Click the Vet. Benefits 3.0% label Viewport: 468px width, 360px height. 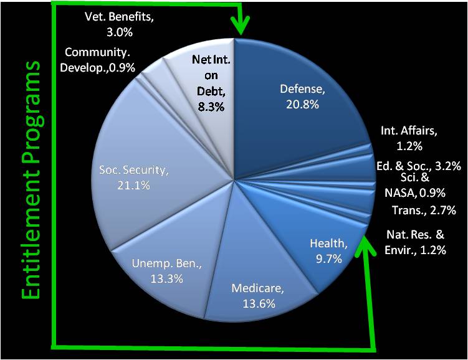(120, 24)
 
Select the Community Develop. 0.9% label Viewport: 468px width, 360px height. (98, 60)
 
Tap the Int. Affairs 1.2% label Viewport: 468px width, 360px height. (409, 138)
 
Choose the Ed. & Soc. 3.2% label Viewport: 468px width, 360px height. (418, 166)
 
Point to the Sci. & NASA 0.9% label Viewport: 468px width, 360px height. (415, 185)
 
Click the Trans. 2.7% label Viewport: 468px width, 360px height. (424, 210)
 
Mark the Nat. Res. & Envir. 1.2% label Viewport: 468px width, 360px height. (415, 242)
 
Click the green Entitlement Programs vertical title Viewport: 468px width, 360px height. (31, 180)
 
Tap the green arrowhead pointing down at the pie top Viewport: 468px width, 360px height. (241, 26)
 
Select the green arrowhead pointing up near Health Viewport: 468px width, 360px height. (365, 247)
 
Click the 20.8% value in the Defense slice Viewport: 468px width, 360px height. (302, 105)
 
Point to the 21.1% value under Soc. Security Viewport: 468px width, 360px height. (133, 186)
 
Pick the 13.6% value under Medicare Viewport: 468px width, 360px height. (259, 303)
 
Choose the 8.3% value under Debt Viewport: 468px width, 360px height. (211, 107)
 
